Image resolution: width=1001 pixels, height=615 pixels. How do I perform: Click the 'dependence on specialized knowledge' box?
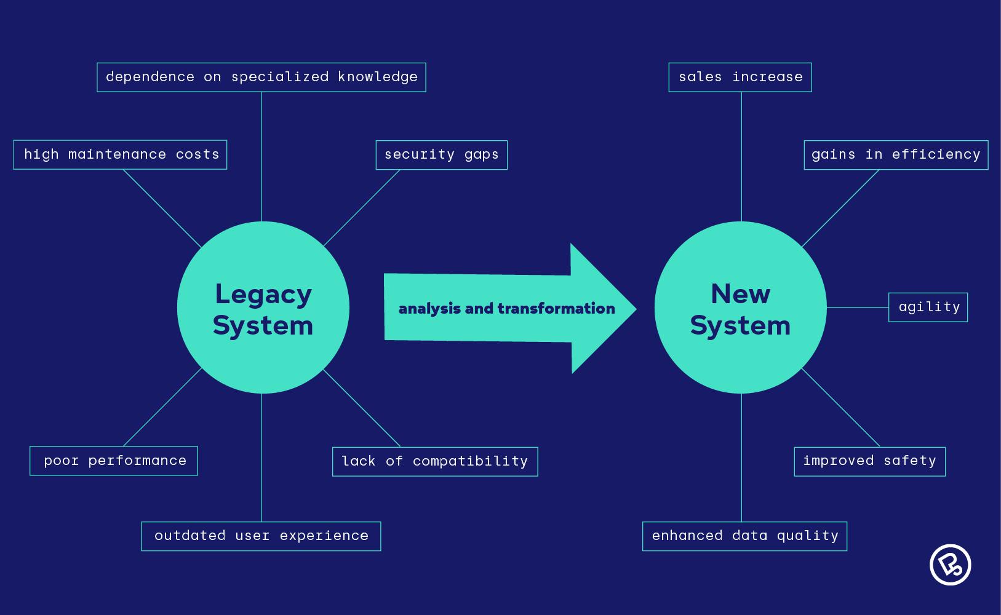pos(261,77)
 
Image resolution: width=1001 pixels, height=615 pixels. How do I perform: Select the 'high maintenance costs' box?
pos(120,154)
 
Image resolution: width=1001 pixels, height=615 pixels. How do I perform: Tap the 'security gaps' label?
pos(441,154)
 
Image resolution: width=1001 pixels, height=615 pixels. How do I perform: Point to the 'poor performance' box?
pos(114,461)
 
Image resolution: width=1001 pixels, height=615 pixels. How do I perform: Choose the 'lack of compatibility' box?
pos(434,461)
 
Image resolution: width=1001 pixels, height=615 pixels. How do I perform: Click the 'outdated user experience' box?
pos(261,536)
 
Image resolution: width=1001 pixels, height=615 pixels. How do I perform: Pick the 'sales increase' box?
pos(740,77)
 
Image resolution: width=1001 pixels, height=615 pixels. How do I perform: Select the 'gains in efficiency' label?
pos(896,154)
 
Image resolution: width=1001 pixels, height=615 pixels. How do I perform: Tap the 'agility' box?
pos(928,307)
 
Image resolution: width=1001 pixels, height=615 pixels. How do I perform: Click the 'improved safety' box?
pos(869,461)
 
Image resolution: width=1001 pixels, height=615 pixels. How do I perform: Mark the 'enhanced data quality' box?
pos(744,536)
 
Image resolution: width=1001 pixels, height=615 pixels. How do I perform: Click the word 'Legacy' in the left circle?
pos(263,294)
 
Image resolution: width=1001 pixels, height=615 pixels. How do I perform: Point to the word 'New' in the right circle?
pos(740,294)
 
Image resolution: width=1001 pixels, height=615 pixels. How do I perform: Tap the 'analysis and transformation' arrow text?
pos(506,309)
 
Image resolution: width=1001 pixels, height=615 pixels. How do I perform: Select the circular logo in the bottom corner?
pos(950,565)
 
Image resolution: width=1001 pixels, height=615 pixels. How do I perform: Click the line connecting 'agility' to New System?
pos(858,307)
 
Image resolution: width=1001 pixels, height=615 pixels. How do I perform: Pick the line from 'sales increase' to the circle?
pos(741,157)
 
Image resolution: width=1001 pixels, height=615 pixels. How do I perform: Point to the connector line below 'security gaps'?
pos(362,208)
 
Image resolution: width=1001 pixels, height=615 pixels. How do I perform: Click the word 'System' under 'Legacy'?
pos(263,325)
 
